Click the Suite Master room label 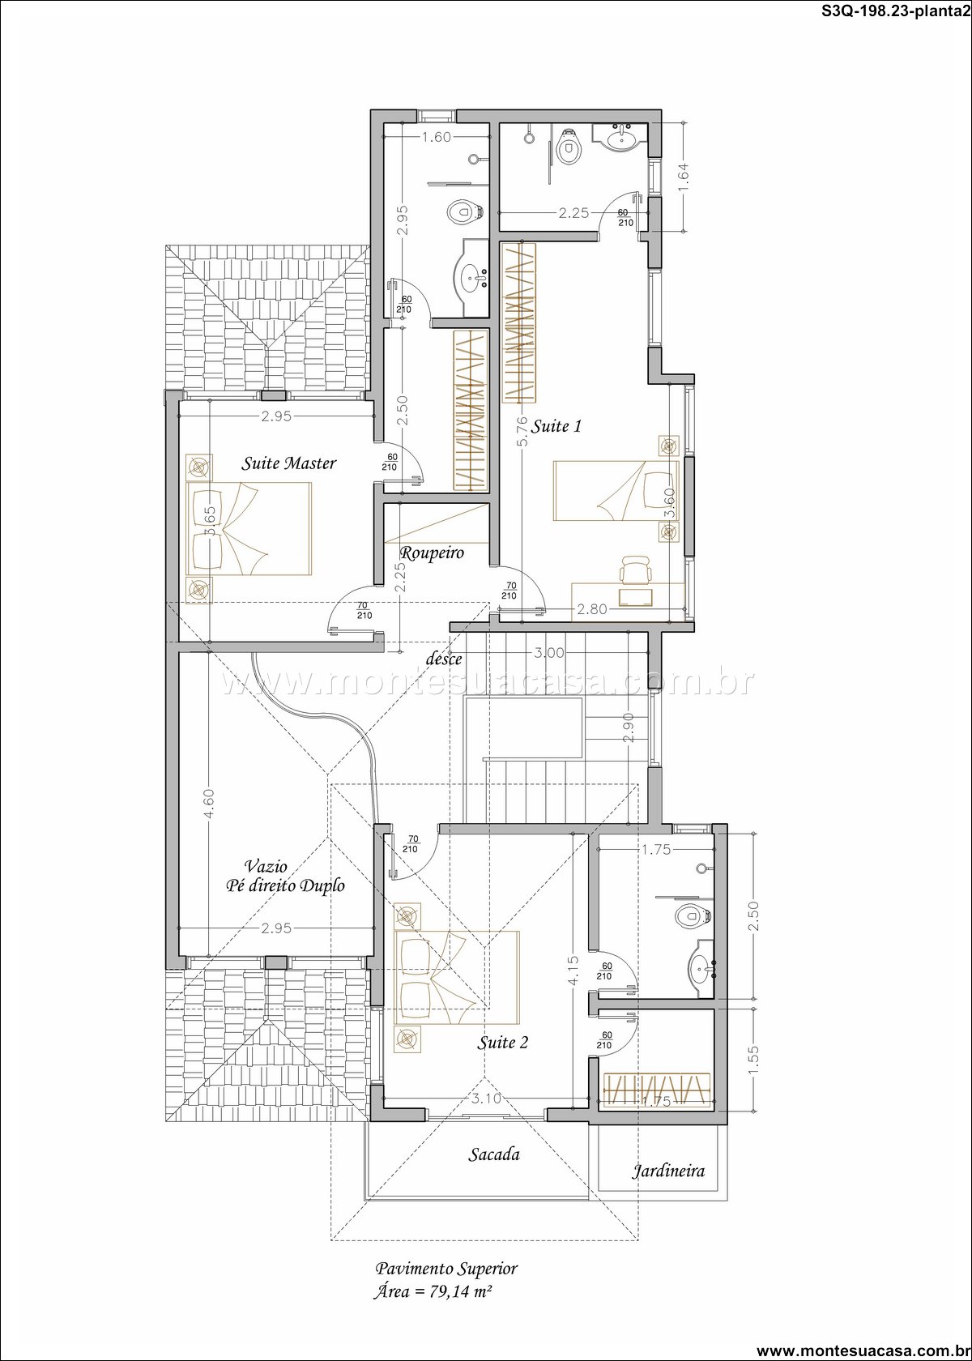click(x=288, y=463)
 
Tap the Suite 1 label click(x=556, y=426)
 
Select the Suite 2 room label click(x=502, y=1043)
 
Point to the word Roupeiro click(x=431, y=553)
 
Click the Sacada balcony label click(x=493, y=1154)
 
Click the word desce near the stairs click(x=444, y=659)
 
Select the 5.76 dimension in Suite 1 click(x=522, y=431)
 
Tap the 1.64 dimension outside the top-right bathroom click(x=684, y=177)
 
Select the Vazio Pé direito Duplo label click(x=285, y=877)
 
